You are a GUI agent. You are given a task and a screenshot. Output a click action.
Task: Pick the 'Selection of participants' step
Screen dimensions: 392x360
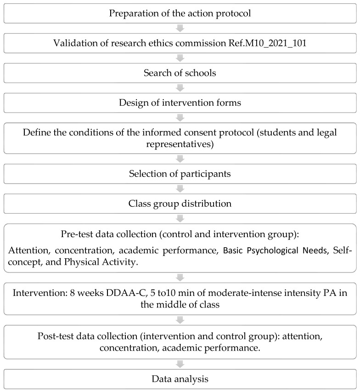tap(180, 175)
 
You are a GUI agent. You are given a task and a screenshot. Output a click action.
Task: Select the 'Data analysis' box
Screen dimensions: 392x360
tap(180, 380)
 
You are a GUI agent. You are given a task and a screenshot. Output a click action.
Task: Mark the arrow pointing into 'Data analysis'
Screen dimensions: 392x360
tap(180, 364)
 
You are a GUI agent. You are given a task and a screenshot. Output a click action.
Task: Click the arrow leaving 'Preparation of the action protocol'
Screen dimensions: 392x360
tap(180, 28)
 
